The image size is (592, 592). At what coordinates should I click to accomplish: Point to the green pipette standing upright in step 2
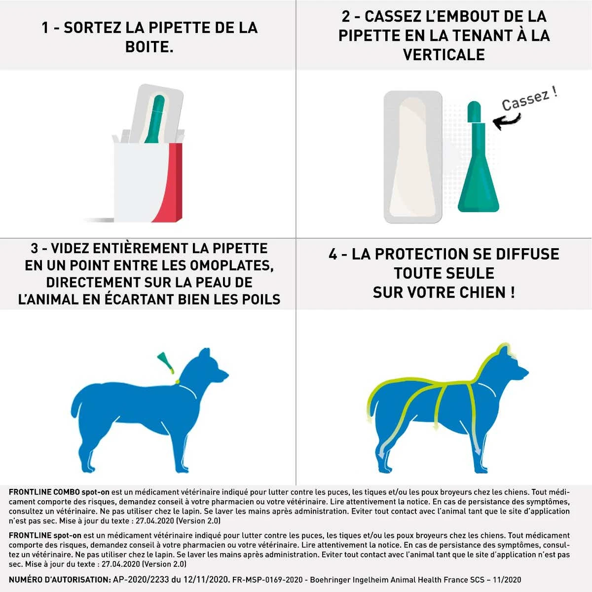click(477, 168)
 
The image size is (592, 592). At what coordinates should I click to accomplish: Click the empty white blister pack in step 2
click(413, 157)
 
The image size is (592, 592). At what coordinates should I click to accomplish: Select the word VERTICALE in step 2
click(444, 55)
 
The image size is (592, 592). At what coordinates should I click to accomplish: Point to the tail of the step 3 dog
click(77, 405)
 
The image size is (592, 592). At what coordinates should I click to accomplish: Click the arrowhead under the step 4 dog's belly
click(436, 427)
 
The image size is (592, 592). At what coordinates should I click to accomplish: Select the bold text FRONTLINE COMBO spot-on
click(59, 492)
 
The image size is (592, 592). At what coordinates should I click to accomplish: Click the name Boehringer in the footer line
click(332, 580)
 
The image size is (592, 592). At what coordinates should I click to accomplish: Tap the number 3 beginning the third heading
click(35, 249)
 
